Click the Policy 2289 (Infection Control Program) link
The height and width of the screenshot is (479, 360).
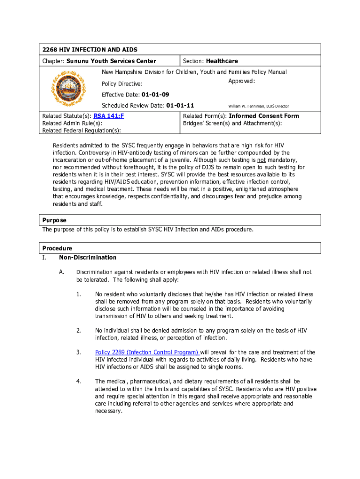tap(147, 352)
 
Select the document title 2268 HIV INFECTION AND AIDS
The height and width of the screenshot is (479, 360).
tap(90, 50)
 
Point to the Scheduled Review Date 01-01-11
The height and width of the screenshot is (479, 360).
tap(180, 105)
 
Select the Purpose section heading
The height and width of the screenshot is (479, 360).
tap(54, 220)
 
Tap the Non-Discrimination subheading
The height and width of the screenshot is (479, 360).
tap(87, 257)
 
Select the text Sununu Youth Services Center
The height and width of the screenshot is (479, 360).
tap(111, 61)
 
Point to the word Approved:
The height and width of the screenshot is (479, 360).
tap(241, 81)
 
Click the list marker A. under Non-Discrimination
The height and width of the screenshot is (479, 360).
tap(62, 272)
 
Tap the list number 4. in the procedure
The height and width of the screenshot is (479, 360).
tap(79, 382)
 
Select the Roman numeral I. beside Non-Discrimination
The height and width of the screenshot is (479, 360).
tap(44, 257)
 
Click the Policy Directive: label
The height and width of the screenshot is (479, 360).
tap(122, 84)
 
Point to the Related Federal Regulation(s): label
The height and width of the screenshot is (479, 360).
tap(82, 131)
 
